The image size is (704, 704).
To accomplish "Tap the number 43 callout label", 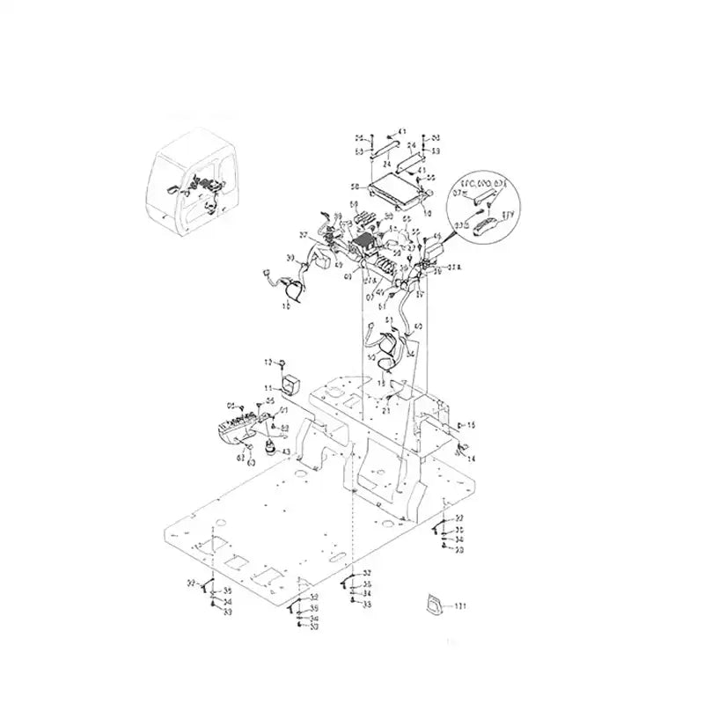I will coord(285,452).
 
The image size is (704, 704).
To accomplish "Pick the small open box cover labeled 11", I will coord(290,382).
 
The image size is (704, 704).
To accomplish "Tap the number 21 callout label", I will coord(385,410).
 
